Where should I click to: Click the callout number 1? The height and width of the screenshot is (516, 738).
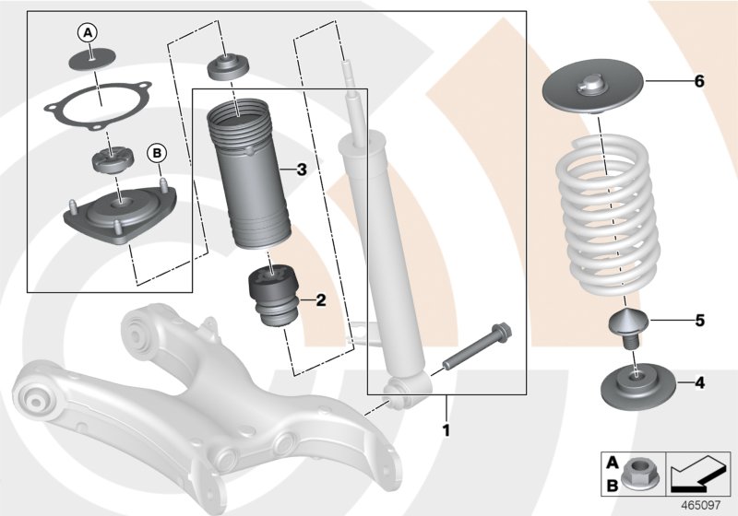(447, 429)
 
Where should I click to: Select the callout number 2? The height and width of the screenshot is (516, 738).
(320, 299)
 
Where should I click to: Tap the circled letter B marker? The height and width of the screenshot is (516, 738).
(156, 152)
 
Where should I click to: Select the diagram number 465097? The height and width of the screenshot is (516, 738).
(706, 503)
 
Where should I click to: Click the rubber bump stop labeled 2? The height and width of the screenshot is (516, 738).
(272, 295)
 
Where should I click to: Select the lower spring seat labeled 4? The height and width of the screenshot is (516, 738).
(637, 382)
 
